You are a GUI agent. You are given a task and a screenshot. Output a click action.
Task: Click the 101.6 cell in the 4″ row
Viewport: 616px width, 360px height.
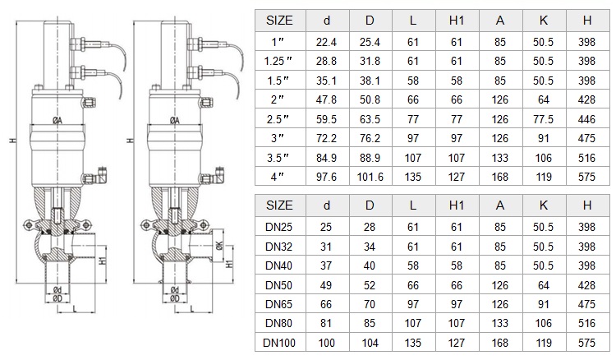pos(370,177)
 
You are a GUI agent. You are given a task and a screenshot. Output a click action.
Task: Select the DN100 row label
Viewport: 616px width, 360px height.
pos(279,343)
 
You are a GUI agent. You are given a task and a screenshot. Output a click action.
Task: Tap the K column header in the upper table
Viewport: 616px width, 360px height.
pos(544,21)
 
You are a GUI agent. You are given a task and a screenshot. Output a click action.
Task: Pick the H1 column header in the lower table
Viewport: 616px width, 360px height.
pos(457,205)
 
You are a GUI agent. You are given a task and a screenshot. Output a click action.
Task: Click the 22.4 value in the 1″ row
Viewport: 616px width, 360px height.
pos(326,42)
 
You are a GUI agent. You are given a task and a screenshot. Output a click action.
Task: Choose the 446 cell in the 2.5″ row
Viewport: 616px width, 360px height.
pos(586,119)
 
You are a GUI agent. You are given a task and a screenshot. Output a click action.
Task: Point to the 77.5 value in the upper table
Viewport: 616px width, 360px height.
pos(544,119)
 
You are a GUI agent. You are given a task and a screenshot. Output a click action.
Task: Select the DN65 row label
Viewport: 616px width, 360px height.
pos(279,304)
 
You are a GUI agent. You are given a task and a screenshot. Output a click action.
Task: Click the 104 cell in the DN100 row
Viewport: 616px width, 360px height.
pos(370,343)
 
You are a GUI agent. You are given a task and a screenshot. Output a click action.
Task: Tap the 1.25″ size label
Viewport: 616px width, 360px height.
pos(278,62)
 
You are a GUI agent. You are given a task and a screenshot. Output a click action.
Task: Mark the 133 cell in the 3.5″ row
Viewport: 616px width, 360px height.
pos(499,158)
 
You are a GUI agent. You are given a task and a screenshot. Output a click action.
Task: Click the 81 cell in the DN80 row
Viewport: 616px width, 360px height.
pos(326,324)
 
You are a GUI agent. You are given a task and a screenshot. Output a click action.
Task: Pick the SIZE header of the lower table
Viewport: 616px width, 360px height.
pos(279,205)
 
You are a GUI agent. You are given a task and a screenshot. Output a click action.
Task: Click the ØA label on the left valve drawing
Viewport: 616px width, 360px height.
pos(57,121)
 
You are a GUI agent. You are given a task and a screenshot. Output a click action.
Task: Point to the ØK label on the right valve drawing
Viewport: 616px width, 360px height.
pos(219,246)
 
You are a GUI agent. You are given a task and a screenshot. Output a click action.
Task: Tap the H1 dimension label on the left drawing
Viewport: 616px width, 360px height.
pos(103,261)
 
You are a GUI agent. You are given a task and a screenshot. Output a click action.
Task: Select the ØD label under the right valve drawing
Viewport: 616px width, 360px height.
pos(175,298)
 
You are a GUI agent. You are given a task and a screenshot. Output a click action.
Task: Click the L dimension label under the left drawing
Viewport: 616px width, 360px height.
pos(75,309)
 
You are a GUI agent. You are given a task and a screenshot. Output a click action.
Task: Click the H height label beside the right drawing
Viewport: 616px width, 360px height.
pos(131,141)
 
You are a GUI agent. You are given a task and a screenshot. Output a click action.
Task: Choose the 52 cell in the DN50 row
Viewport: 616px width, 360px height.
pos(370,285)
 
